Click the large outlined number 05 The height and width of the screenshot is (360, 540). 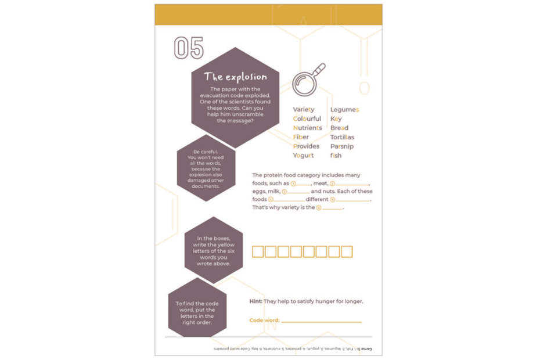coord(189,48)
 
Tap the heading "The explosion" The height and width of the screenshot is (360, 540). coord(235,77)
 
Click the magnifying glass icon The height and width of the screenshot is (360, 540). coord(308,80)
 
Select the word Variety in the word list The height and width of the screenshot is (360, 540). coord(304,109)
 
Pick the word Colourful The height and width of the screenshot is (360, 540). coord(307,118)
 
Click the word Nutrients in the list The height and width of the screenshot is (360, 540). coord(307,128)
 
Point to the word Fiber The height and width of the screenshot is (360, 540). coord(301,137)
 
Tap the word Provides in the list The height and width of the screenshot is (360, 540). coord(306,146)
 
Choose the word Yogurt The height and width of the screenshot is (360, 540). coord(303,156)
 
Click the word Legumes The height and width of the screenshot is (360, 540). coord(344,109)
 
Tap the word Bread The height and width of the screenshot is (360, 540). coord(339,128)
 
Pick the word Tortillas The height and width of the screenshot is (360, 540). coord(342,137)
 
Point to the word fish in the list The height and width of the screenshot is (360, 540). coord(336,156)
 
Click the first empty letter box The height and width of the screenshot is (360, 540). coord(258,251)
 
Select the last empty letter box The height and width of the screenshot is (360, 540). coord(347,251)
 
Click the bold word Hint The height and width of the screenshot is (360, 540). coord(255,301)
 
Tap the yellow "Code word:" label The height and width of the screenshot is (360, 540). coord(264,321)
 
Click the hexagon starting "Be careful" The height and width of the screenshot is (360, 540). coord(206,169)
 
